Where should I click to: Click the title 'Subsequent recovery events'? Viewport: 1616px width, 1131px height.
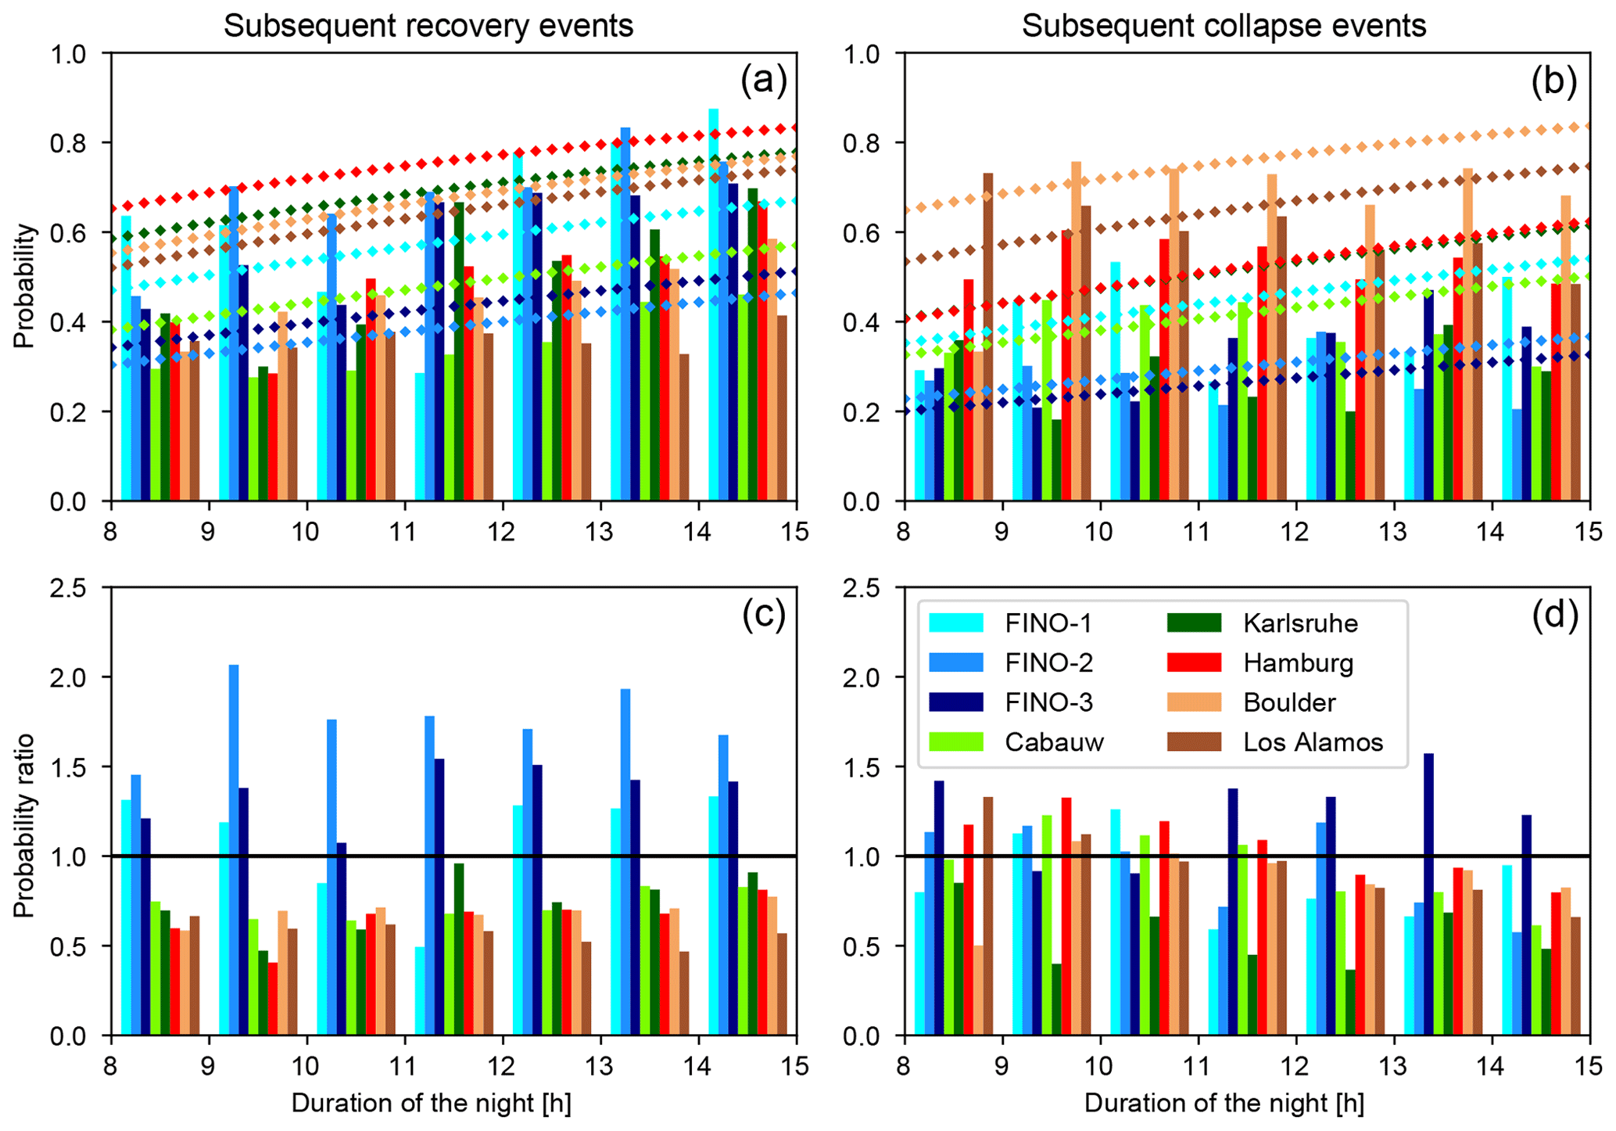pos(428,26)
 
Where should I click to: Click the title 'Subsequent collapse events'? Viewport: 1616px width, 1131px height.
pos(1224,26)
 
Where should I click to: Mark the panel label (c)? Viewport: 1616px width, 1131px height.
pos(763,616)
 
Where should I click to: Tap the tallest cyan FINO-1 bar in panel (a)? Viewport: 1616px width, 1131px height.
pos(714,305)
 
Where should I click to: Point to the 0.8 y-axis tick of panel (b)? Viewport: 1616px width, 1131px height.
pos(876,143)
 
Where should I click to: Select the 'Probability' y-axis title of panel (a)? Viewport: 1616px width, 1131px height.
pos(24,285)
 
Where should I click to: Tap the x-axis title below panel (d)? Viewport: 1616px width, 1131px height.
pos(1224,1104)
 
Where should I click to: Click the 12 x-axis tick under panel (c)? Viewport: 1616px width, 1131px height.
pos(502,1065)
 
